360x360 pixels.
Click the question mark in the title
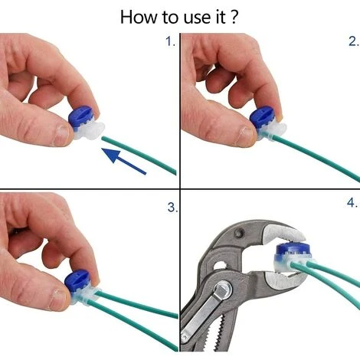(235, 17)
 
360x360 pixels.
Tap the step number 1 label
(170, 41)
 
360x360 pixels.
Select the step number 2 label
(354, 41)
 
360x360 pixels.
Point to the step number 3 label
(172, 208)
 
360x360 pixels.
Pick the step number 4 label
(352, 203)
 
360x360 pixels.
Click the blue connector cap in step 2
(263, 118)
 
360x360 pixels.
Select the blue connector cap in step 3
(77, 282)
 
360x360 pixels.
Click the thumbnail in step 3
(58, 299)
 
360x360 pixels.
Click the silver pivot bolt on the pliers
(223, 290)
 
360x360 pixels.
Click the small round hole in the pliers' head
(240, 233)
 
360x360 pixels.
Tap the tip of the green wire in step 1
(103, 138)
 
